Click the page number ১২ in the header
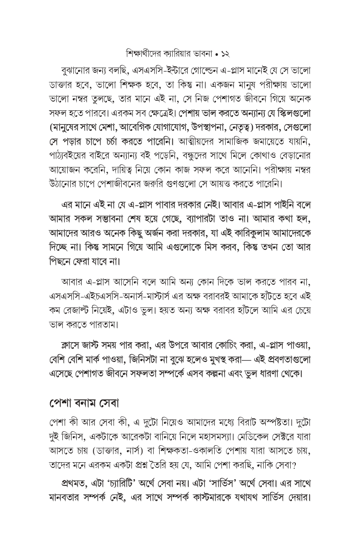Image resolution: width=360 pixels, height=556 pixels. click(x=225, y=55)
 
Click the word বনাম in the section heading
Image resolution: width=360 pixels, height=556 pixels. click(x=89, y=403)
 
